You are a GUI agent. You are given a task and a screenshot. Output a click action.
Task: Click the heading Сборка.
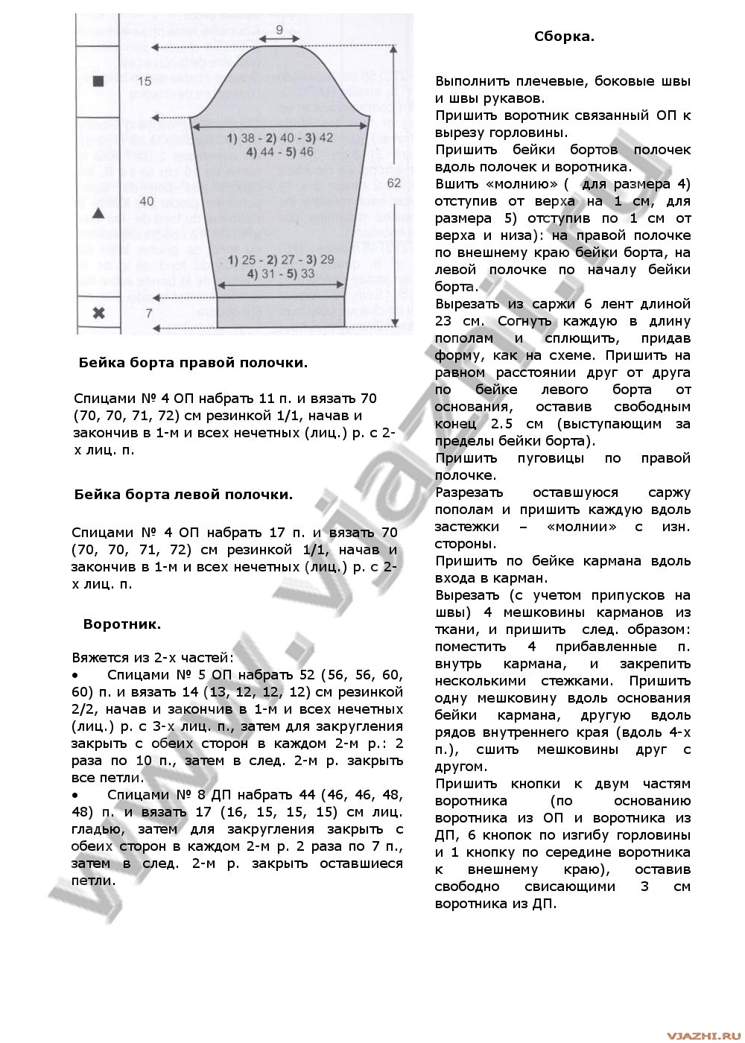[x=564, y=37]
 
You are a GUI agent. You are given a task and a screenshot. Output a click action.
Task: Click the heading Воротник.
[x=122, y=624]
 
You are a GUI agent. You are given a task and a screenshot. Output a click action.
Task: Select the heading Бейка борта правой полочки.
[x=193, y=363]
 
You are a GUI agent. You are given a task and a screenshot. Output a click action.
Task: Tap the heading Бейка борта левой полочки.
[x=183, y=493]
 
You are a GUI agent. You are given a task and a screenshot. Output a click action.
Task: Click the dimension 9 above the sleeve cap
[x=279, y=30]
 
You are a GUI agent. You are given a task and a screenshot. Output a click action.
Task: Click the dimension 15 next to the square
[x=145, y=80]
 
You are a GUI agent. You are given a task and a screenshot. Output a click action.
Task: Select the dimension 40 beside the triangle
[x=146, y=201]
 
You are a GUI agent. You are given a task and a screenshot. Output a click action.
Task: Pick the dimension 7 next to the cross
[x=148, y=314]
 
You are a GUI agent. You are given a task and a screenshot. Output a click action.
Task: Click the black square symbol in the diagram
[x=97, y=81]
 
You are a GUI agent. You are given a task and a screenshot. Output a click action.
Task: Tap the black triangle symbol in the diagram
[x=97, y=213]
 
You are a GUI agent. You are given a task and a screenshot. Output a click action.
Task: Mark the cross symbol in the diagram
[x=97, y=313]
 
